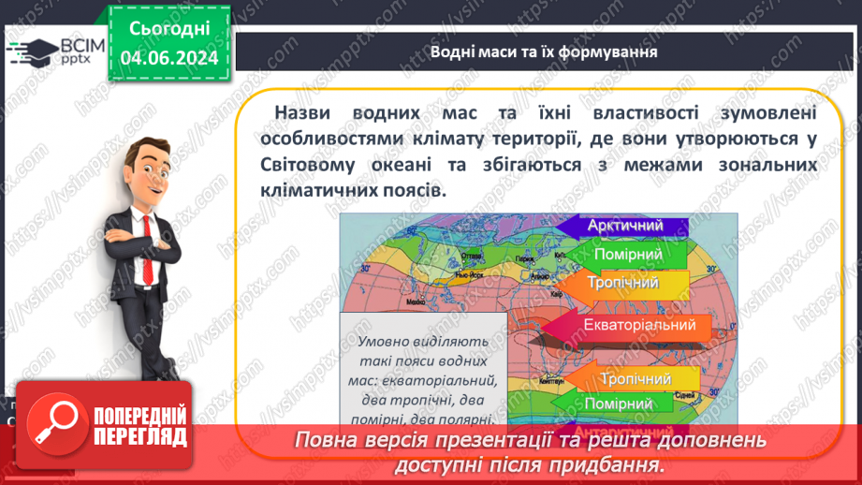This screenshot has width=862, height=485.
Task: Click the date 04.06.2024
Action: pyautogui.click(x=168, y=58)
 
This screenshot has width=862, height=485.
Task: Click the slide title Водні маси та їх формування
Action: pyautogui.click(x=544, y=51)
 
